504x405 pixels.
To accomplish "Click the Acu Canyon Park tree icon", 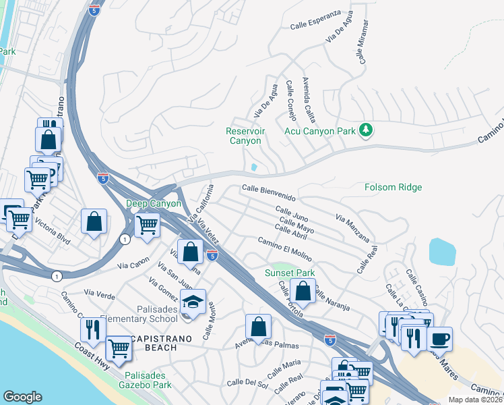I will pos(366,129).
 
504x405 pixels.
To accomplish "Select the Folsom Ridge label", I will pos(393,187).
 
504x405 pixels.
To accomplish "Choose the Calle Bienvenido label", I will pos(269,193).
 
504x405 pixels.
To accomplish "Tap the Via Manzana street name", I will pos(352,227).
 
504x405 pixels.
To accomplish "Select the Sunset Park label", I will pos(290,273).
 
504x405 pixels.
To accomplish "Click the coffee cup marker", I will pos(439,338).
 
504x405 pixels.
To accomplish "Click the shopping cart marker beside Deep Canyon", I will pos(147,225).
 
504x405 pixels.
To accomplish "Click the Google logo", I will pos(22,397).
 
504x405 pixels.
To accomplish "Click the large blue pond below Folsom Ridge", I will pos(441,251).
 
